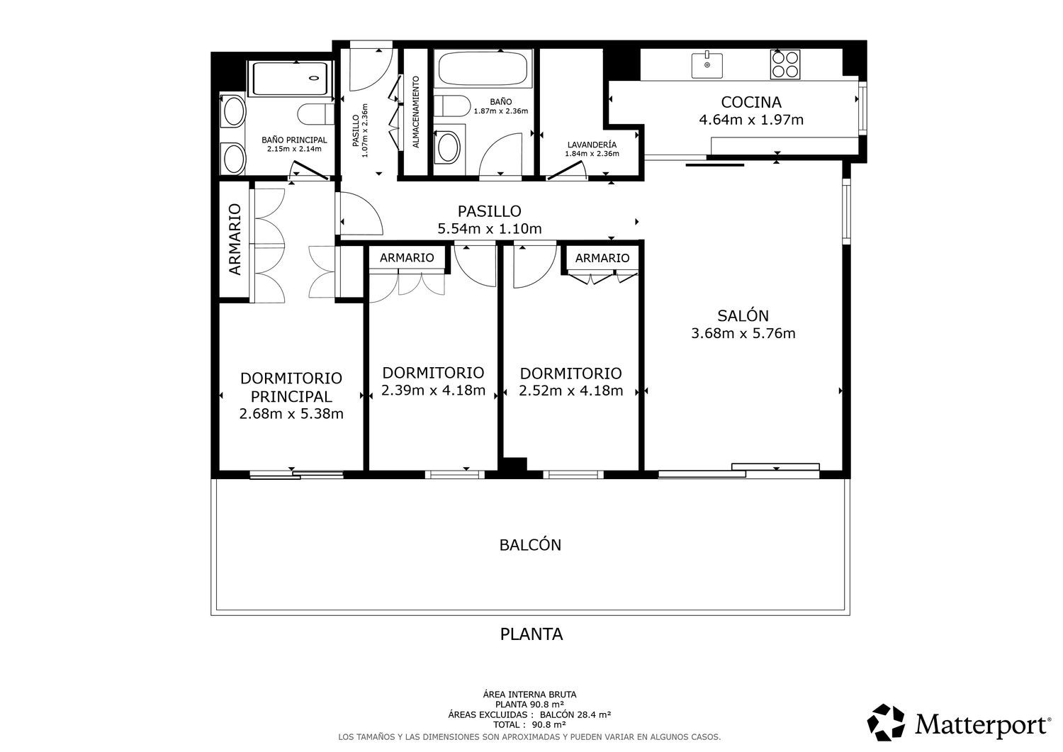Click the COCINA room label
tap(750, 102)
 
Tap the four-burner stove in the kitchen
tap(785, 64)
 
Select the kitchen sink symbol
tap(707, 65)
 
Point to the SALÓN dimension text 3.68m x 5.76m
tap(743, 333)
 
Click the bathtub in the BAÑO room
tap(483, 68)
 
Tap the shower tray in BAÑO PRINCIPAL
tap(290, 79)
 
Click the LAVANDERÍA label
tap(592, 145)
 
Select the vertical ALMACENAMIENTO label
tap(416, 112)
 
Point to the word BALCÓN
tap(530, 545)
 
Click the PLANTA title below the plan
tap(531, 634)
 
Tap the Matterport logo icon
tap(886, 722)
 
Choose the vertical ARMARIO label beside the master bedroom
tap(235, 240)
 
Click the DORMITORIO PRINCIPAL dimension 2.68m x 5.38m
tap(291, 414)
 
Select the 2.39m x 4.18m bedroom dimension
tap(433, 391)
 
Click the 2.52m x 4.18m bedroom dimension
tap(571, 391)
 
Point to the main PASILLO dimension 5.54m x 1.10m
tap(489, 229)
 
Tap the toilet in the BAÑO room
tap(452, 106)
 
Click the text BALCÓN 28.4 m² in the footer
tap(575, 714)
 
